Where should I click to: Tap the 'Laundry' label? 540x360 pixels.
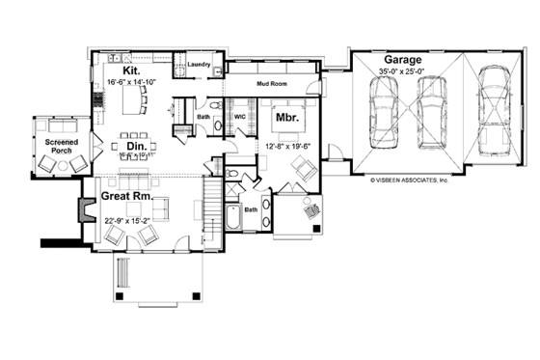pyautogui.click(x=200, y=65)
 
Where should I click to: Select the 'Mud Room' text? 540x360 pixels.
pyautogui.click(x=274, y=84)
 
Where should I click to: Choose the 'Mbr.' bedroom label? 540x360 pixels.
pyautogui.click(x=286, y=117)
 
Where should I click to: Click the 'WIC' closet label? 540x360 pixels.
pyautogui.click(x=241, y=118)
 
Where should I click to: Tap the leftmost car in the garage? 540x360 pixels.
pyautogui.click(x=383, y=109)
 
